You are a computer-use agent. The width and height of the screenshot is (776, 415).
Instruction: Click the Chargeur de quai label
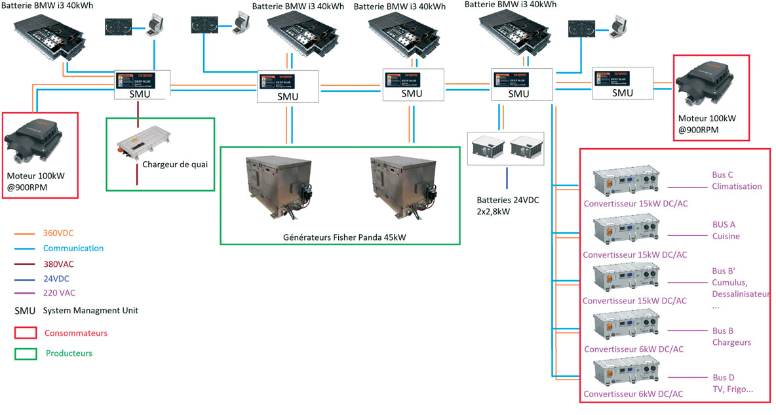click(x=175, y=165)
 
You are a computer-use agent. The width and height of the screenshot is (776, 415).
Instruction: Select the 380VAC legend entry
click(x=58, y=264)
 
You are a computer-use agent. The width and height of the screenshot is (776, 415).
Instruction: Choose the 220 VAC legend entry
click(x=58, y=293)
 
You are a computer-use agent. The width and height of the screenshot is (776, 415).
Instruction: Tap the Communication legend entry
click(x=73, y=248)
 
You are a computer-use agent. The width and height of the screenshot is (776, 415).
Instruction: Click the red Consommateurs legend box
click(x=25, y=332)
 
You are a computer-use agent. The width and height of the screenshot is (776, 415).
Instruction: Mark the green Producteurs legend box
click(x=25, y=353)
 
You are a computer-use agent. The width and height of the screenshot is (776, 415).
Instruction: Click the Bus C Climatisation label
click(x=736, y=181)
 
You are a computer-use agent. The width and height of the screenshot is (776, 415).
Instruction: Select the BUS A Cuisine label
click(x=726, y=230)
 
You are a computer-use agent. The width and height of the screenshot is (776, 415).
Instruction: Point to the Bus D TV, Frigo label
click(x=731, y=384)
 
